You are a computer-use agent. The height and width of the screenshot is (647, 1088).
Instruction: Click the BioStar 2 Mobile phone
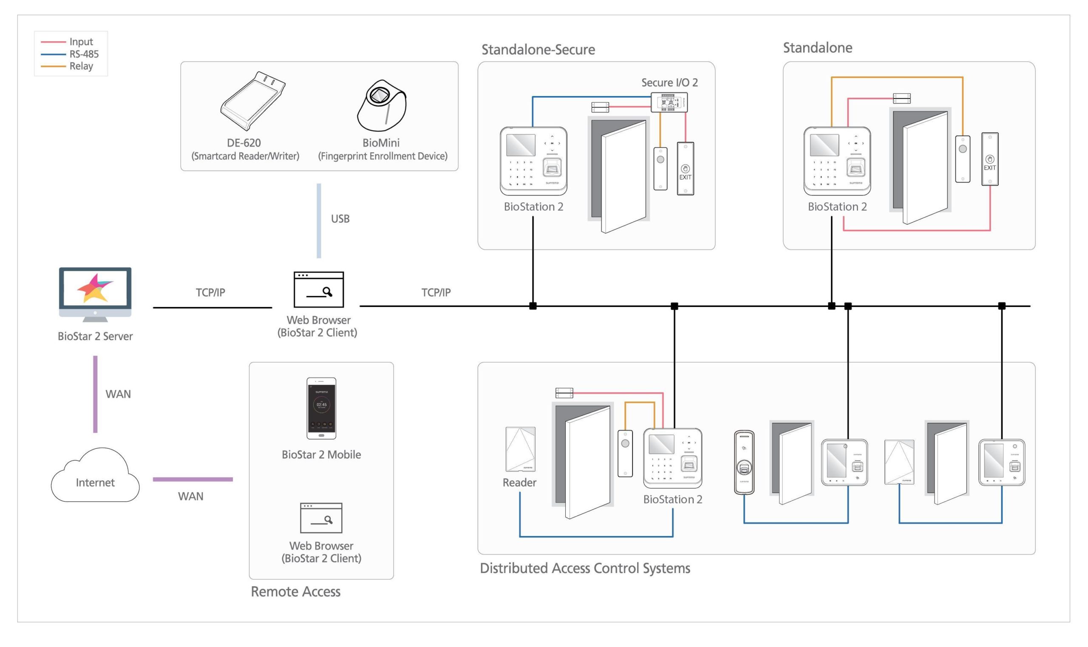321,408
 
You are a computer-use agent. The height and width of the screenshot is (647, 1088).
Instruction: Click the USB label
340,219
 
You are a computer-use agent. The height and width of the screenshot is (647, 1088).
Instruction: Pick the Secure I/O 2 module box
669,102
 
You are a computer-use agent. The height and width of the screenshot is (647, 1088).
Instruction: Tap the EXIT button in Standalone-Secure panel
685,169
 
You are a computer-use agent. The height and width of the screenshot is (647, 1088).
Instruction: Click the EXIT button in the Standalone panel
989,159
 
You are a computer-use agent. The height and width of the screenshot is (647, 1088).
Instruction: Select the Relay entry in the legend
81,66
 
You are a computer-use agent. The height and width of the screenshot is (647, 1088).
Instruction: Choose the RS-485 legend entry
84,54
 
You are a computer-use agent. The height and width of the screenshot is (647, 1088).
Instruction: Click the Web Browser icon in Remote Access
321,517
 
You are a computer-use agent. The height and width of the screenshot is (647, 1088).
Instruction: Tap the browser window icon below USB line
319,289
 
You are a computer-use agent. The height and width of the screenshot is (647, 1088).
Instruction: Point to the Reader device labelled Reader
520,449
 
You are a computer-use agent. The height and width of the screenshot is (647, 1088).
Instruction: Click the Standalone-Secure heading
538,50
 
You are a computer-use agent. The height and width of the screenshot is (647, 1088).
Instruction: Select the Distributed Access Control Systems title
584,568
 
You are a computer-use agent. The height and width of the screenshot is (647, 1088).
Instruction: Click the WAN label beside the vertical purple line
118,394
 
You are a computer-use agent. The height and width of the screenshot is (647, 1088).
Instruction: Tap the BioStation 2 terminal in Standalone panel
837,161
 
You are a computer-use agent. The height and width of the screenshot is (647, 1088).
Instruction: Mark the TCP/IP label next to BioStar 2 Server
210,292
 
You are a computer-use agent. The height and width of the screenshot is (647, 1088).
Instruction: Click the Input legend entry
81,41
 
